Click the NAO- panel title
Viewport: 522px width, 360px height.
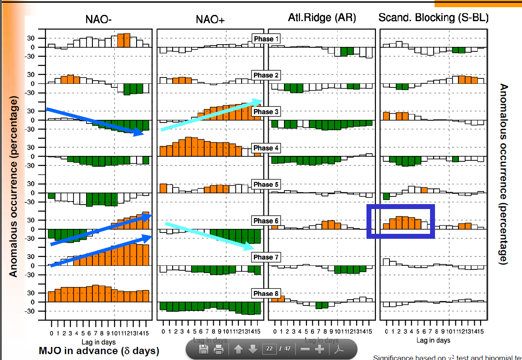(x=98, y=19)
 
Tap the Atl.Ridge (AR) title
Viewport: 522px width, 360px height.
(x=322, y=18)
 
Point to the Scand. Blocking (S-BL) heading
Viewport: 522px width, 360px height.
(x=434, y=18)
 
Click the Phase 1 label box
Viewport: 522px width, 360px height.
(x=266, y=39)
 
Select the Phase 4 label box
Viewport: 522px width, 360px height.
(x=266, y=148)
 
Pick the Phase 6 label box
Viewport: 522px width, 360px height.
(x=266, y=221)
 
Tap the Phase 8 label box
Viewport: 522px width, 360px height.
(x=266, y=294)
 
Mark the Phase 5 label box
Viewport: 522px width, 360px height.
(x=266, y=184)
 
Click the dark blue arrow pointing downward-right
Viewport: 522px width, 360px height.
(x=95, y=121)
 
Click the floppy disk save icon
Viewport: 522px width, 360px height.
(x=203, y=349)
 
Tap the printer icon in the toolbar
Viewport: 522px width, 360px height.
(x=219, y=349)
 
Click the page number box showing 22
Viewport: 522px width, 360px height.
(x=269, y=349)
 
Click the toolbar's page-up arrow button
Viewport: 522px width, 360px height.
(x=238, y=349)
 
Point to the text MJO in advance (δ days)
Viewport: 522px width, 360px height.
(x=99, y=351)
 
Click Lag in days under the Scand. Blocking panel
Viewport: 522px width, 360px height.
(x=433, y=340)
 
